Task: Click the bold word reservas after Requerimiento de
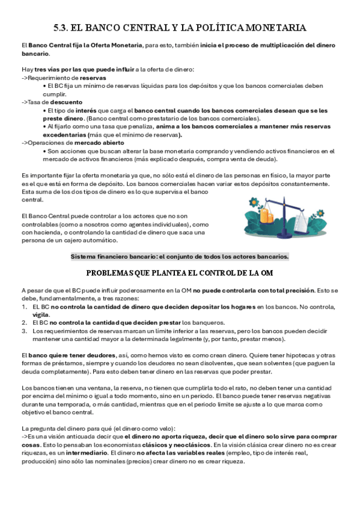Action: click(x=93, y=79)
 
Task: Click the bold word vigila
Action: click(x=41, y=315)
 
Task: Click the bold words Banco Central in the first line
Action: click(x=48, y=46)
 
